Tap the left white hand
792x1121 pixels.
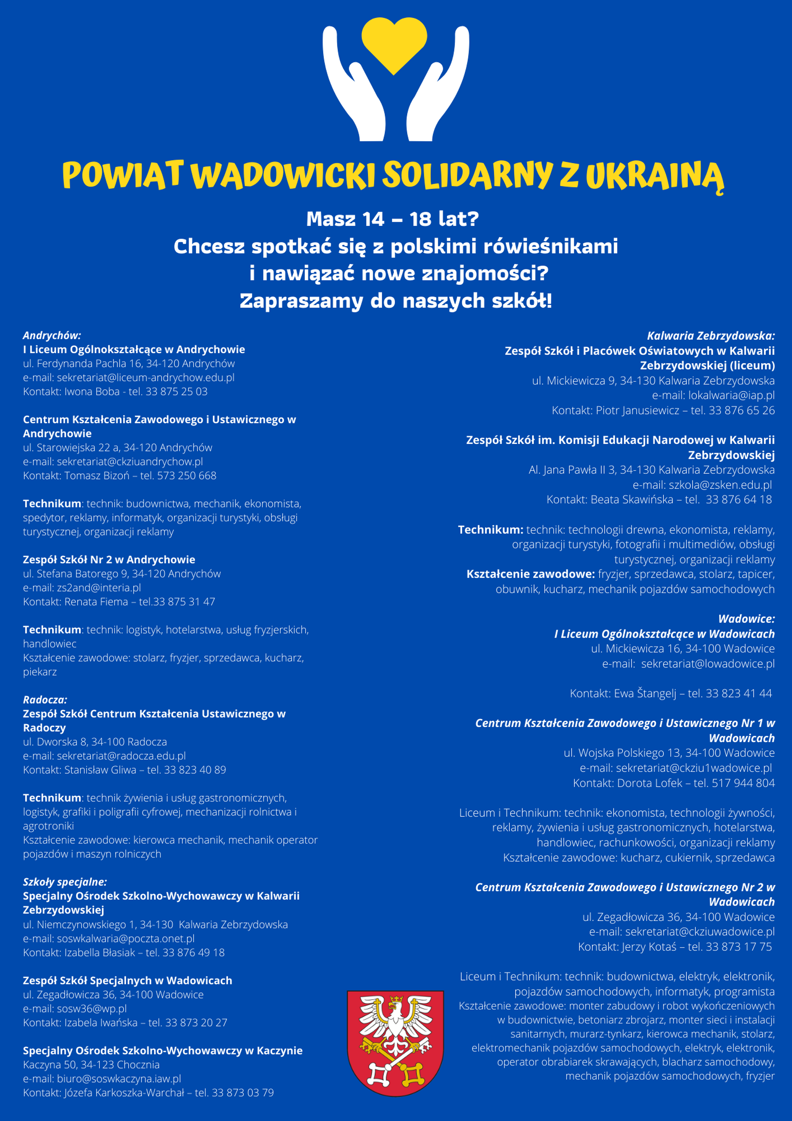pyautogui.click(x=351, y=88)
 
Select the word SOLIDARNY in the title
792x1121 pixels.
pyautogui.click(x=467, y=174)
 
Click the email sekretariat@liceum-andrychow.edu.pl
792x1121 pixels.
pyautogui.click(x=145, y=378)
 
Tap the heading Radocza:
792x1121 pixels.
pyautogui.click(x=45, y=700)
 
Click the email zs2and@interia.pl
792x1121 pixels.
pyautogui.click(x=99, y=588)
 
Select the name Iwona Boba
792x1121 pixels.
pyautogui.click(x=92, y=392)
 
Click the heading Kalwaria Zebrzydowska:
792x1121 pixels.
pyautogui.click(x=710, y=336)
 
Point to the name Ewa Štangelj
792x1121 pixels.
pyautogui.click(x=645, y=693)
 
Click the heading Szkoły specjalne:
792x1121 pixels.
pyautogui.click(x=65, y=882)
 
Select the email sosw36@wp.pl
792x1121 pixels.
pyautogui.click(x=92, y=1008)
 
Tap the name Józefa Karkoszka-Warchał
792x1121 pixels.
pyautogui.click(x=125, y=1093)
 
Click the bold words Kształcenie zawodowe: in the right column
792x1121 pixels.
pyautogui.click(x=530, y=574)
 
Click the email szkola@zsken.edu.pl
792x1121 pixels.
pyautogui.click(x=720, y=485)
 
